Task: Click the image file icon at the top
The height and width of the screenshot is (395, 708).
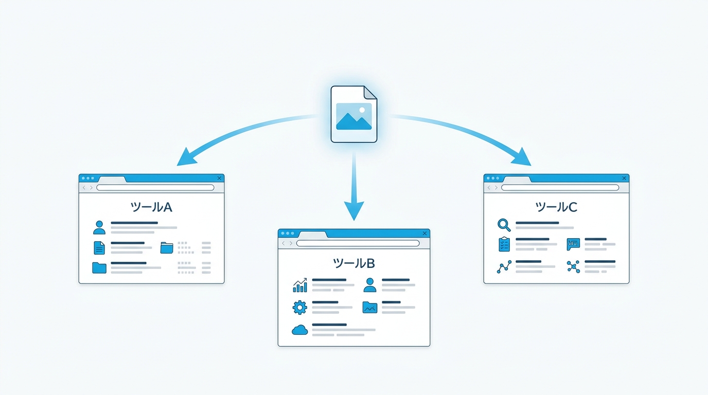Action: (353, 114)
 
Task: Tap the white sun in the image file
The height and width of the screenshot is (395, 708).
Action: (362, 110)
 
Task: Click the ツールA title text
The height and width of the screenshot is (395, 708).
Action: (151, 207)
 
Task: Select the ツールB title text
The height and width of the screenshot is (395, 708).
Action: (354, 263)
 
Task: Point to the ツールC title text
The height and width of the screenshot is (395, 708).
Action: (556, 207)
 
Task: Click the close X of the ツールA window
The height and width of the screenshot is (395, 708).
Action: (219, 178)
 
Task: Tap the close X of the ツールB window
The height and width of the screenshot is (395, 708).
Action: (424, 233)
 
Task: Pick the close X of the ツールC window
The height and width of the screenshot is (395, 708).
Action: (624, 178)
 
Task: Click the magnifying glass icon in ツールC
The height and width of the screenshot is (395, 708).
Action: (504, 225)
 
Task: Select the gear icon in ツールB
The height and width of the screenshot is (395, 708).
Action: (299, 307)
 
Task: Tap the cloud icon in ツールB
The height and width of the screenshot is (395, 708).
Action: (299, 330)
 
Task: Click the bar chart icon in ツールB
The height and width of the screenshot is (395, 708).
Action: (299, 285)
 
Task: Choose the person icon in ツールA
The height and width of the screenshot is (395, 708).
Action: (99, 227)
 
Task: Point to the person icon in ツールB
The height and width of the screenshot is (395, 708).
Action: (370, 285)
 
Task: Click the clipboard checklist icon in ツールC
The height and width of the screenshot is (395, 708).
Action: (504, 244)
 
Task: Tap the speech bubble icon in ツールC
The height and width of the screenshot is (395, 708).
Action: (573, 244)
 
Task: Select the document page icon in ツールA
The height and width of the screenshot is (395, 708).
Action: (99, 248)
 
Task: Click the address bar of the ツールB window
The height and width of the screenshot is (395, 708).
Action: (358, 243)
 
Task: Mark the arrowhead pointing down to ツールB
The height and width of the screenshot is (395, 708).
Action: (354, 210)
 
